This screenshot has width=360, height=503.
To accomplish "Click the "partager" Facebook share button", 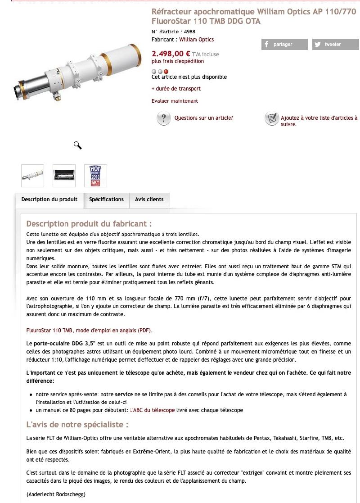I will [284, 44].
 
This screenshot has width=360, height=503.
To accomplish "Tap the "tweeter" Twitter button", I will [336, 44].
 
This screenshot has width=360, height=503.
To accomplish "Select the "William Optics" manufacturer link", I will [197, 40].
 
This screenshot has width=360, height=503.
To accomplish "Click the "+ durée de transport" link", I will [176, 89].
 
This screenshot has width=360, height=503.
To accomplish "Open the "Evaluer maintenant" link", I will [175, 101].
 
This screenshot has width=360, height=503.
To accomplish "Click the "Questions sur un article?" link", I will [203, 118].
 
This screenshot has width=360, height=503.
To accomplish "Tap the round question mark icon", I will [163, 118].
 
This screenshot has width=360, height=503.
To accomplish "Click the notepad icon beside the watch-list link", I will [271, 118].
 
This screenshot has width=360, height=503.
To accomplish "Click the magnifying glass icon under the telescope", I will [77, 145].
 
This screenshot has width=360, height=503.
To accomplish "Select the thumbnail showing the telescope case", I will [64, 176].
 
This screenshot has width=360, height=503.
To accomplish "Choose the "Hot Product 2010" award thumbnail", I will [95, 176].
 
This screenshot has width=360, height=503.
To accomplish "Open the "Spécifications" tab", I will [106, 199].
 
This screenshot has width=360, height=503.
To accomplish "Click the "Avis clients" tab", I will [149, 199].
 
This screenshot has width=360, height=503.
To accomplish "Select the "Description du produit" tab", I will [49, 199].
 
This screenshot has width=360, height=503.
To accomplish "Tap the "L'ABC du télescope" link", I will [152, 410].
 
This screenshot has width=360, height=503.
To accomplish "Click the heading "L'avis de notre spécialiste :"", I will [77, 425].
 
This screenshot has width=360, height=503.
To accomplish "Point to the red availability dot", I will [166, 71].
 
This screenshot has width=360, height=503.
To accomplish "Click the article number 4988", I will [189, 32].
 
